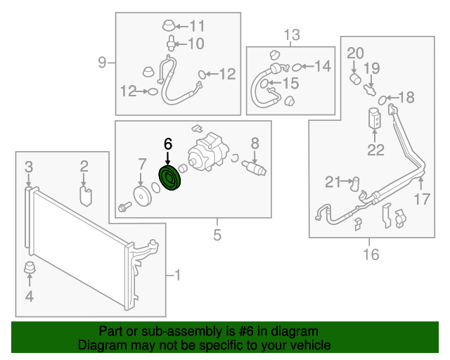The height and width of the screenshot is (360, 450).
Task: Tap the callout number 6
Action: click(x=167, y=144)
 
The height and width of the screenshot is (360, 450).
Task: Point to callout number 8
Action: click(x=255, y=144)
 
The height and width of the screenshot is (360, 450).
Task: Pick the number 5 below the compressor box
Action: click(x=217, y=234)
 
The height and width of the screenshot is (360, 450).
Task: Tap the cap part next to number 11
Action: click(x=168, y=27)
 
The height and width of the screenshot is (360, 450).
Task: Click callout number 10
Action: click(x=195, y=44)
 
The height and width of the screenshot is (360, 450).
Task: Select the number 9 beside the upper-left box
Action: click(x=103, y=63)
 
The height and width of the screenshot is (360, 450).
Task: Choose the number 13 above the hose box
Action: click(x=291, y=34)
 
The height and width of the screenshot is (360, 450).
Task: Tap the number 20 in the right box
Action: click(x=355, y=52)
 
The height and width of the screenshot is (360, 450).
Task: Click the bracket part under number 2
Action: click(x=85, y=193)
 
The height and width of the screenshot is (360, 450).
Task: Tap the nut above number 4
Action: click(x=30, y=269)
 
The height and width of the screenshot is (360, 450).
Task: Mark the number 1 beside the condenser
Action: click(x=176, y=275)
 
